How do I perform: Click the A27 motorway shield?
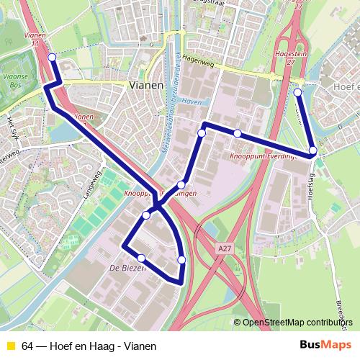tap(225, 248)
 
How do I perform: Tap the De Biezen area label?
tap(127, 268)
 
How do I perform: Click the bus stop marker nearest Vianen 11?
tap(51, 58)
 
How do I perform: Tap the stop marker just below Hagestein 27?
tap(298, 92)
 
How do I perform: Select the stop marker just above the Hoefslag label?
tap(312, 151)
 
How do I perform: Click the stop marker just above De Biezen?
tap(141, 258)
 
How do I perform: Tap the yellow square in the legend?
tap(10, 346)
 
